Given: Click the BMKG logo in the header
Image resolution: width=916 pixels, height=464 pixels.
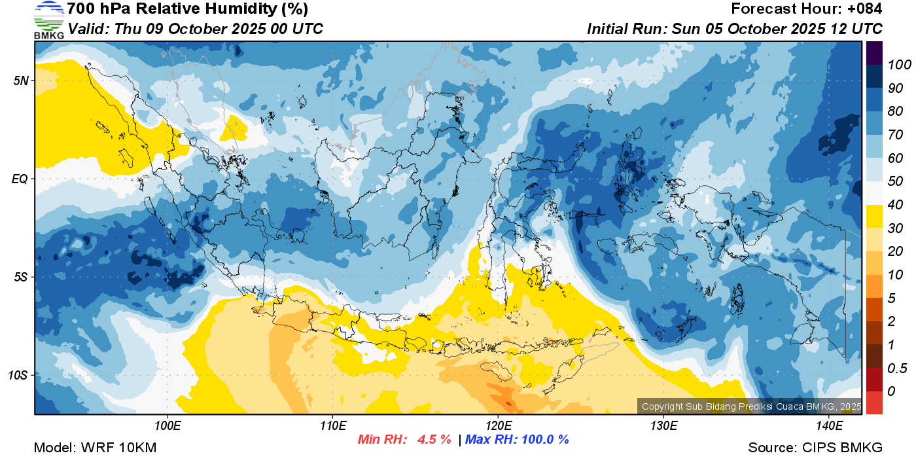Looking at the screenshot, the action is (48, 20).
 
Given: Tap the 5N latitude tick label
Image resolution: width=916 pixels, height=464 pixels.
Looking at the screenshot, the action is (21, 80).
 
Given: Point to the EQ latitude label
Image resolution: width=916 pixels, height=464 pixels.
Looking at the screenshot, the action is (20, 179).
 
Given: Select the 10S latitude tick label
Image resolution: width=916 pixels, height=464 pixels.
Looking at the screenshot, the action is (18, 375).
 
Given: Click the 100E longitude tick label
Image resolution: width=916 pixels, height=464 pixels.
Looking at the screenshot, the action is (167, 426).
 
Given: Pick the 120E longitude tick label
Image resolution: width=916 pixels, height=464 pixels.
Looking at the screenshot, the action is (499, 426).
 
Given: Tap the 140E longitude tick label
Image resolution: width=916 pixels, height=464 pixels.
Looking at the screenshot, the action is (830, 426).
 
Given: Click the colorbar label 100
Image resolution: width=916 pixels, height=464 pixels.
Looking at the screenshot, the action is (899, 65).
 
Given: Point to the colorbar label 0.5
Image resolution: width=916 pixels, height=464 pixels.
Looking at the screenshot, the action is (897, 368).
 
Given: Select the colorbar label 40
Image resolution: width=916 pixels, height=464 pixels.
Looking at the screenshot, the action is (895, 205).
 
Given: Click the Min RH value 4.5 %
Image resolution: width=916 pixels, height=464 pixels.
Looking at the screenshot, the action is (434, 439).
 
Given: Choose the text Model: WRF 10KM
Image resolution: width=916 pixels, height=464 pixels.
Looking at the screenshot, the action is (95, 448).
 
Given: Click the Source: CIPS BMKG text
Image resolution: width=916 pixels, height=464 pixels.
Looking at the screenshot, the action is (815, 448).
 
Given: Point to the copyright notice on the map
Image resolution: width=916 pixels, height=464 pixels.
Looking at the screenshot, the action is (751, 406).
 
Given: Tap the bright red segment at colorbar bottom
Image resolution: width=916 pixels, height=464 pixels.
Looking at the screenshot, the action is (874, 402).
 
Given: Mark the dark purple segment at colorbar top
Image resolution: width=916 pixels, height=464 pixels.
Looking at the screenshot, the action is (874, 53).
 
